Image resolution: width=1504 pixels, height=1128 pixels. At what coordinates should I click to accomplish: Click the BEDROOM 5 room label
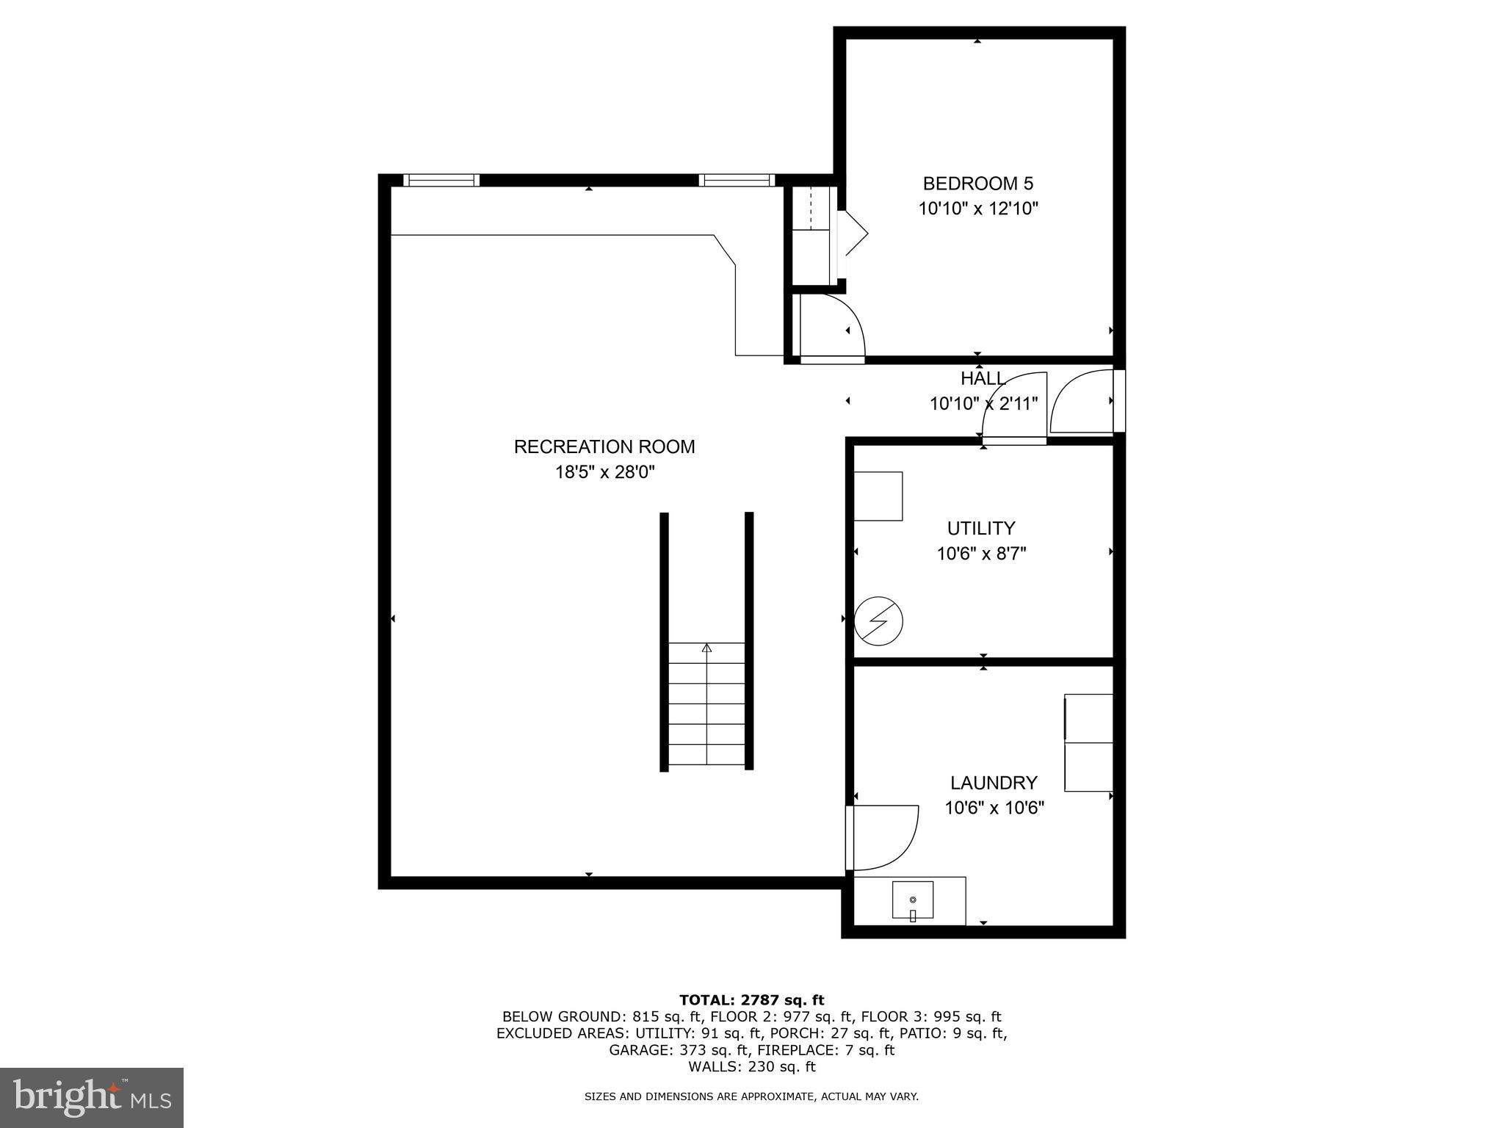click(977, 184)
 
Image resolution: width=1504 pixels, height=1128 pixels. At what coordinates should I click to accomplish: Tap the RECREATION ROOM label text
click(604, 446)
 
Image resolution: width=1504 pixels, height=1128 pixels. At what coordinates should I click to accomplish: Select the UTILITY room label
click(980, 528)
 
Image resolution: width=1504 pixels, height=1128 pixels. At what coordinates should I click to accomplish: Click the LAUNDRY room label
click(993, 783)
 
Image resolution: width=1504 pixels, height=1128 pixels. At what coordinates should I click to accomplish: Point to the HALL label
click(983, 379)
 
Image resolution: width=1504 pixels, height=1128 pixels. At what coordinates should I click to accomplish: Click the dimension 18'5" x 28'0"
click(604, 472)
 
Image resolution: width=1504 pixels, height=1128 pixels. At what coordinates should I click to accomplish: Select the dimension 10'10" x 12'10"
click(977, 209)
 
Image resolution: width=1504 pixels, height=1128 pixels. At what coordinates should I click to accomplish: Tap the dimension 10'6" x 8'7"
click(980, 554)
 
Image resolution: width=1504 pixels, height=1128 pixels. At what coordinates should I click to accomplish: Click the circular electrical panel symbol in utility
click(878, 621)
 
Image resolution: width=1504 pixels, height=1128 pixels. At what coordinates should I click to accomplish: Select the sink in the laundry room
click(913, 900)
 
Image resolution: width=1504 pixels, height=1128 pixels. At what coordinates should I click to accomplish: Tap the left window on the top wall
click(441, 180)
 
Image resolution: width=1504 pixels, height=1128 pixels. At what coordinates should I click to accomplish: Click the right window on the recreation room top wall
click(736, 180)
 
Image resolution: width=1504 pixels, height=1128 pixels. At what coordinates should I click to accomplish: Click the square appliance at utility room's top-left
click(878, 496)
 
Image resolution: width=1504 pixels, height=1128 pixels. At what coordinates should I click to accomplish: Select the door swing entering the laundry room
click(885, 837)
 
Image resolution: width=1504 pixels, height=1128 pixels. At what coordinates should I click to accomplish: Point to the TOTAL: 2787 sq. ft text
click(751, 999)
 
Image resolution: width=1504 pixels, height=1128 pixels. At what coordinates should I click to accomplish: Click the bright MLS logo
click(92, 1097)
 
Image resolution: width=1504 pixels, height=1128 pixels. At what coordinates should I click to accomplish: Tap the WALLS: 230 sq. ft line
click(751, 1066)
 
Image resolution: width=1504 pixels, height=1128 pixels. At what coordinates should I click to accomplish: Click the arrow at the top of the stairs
click(706, 648)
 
